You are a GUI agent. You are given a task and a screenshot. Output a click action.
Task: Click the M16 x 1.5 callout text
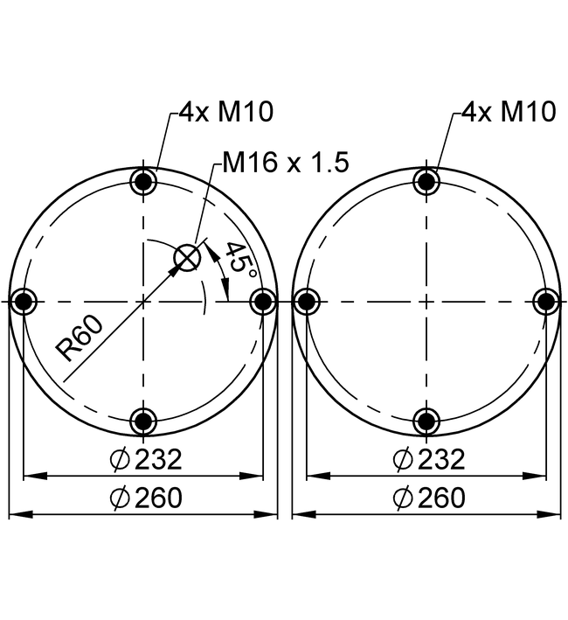[x=286, y=162]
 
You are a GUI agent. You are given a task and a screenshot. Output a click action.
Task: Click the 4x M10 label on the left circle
[x=226, y=112]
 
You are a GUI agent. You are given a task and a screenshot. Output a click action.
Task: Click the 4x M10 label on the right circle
[x=509, y=112]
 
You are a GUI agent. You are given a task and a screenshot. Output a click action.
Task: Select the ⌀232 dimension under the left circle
[x=146, y=459]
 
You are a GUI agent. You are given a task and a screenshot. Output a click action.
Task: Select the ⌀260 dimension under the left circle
[x=146, y=498]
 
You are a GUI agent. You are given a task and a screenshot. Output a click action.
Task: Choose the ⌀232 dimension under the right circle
[x=429, y=459]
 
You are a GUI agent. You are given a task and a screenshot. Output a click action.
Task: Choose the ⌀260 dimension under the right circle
[x=429, y=498]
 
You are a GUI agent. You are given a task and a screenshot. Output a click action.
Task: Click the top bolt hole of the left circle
[x=143, y=182]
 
